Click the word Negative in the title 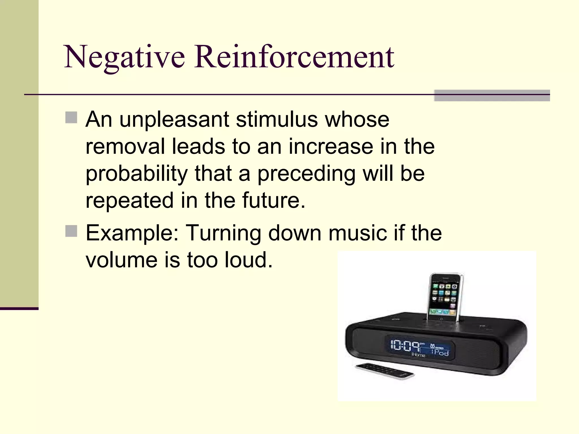pyautogui.click(x=124, y=57)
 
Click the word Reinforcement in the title pyautogui.click(x=294, y=57)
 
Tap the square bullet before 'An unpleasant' pyautogui.click(x=71, y=118)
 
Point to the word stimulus pyautogui.click(x=277, y=120)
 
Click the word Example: pyautogui.click(x=132, y=233)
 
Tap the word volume pyautogui.click(x=121, y=260)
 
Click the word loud pyautogui.click(x=249, y=260)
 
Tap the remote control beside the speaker pyautogui.click(x=384, y=370)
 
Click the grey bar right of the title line pyautogui.click(x=492, y=96)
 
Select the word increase pyautogui.click(x=330, y=147)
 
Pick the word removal pyautogui.click(x=125, y=147)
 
